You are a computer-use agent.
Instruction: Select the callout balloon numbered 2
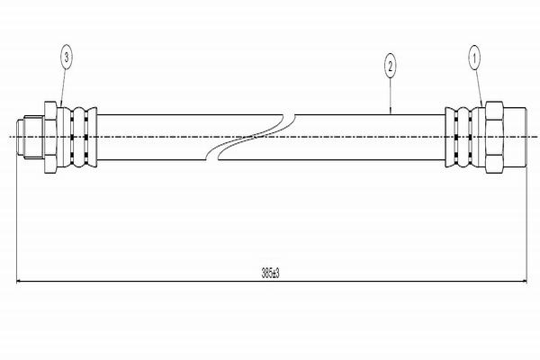coord(389,66)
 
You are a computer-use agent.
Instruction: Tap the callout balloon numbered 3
coord(65,58)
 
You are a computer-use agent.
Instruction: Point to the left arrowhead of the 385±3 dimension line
coord(22,280)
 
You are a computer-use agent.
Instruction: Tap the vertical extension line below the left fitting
coord(18,216)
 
